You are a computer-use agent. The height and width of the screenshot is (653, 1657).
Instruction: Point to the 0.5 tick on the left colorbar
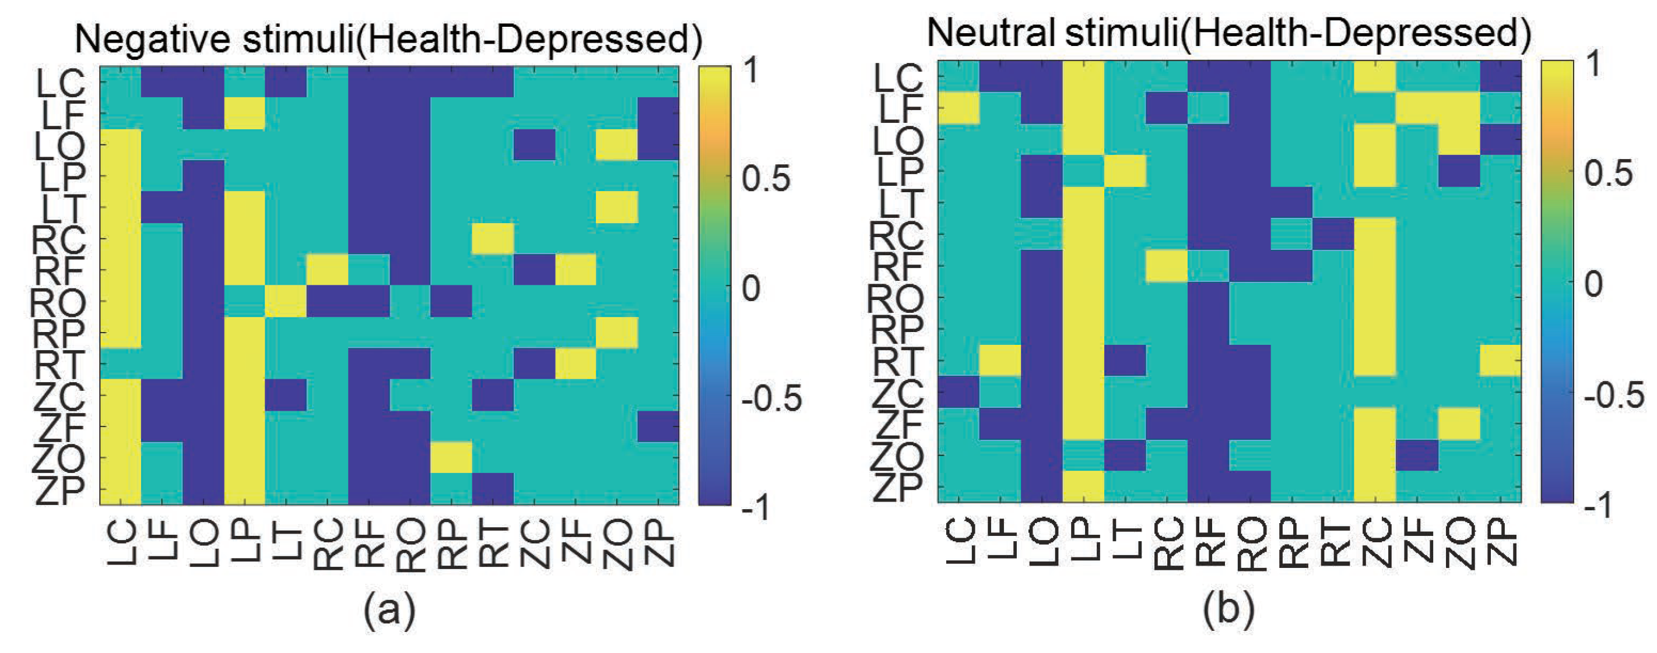coord(766,179)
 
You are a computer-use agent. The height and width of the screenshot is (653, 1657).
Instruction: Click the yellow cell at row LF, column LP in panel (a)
coord(244,113)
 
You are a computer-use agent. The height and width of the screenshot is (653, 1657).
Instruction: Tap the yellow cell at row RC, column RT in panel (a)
coord(493,238)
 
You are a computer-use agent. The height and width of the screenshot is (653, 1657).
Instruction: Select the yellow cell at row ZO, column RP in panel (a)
coord(451,458)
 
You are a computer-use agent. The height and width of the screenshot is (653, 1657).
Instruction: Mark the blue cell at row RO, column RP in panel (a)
coord(451,301)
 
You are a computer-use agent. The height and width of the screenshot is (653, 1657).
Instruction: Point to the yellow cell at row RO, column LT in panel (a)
coord(286,301)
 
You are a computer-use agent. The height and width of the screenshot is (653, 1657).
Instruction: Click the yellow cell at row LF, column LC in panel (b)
coord(959,107)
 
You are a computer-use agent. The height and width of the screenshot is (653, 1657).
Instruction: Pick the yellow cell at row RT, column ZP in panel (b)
coord(1500,360)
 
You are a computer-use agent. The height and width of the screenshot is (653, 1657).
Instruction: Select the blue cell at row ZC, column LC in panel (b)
coord(959,391)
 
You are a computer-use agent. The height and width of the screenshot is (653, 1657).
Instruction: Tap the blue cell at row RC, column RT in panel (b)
coord(1333,234)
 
